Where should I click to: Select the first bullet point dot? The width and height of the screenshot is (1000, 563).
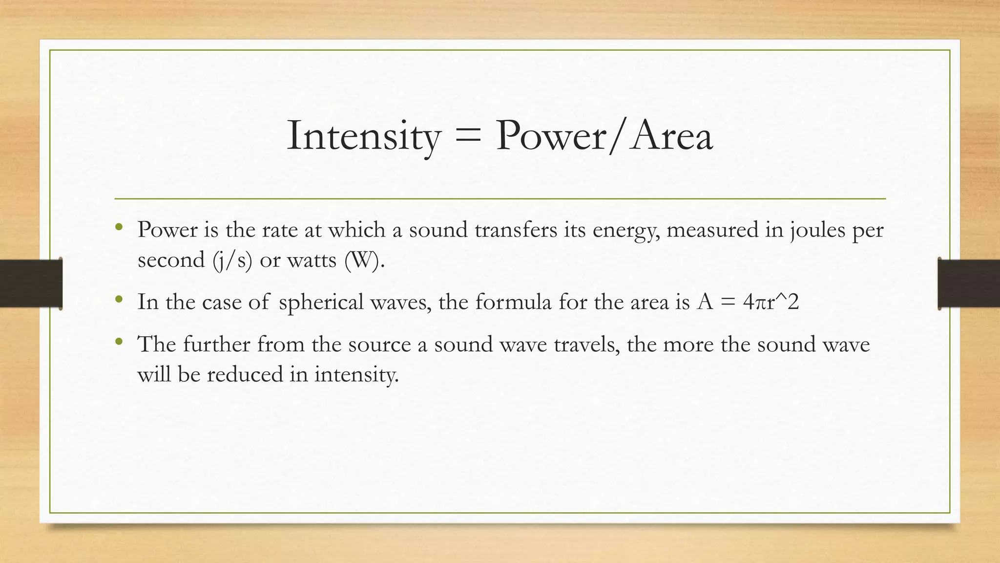point(119,227)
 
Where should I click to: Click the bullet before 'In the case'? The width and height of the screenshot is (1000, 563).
point(119,299)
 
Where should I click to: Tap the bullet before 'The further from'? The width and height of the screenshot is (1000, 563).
point(119,342)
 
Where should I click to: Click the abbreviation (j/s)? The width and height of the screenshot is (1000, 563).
point(232,260)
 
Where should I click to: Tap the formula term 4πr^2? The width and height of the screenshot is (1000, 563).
point(771,303)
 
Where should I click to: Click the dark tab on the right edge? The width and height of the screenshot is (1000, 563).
point(969,283)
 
